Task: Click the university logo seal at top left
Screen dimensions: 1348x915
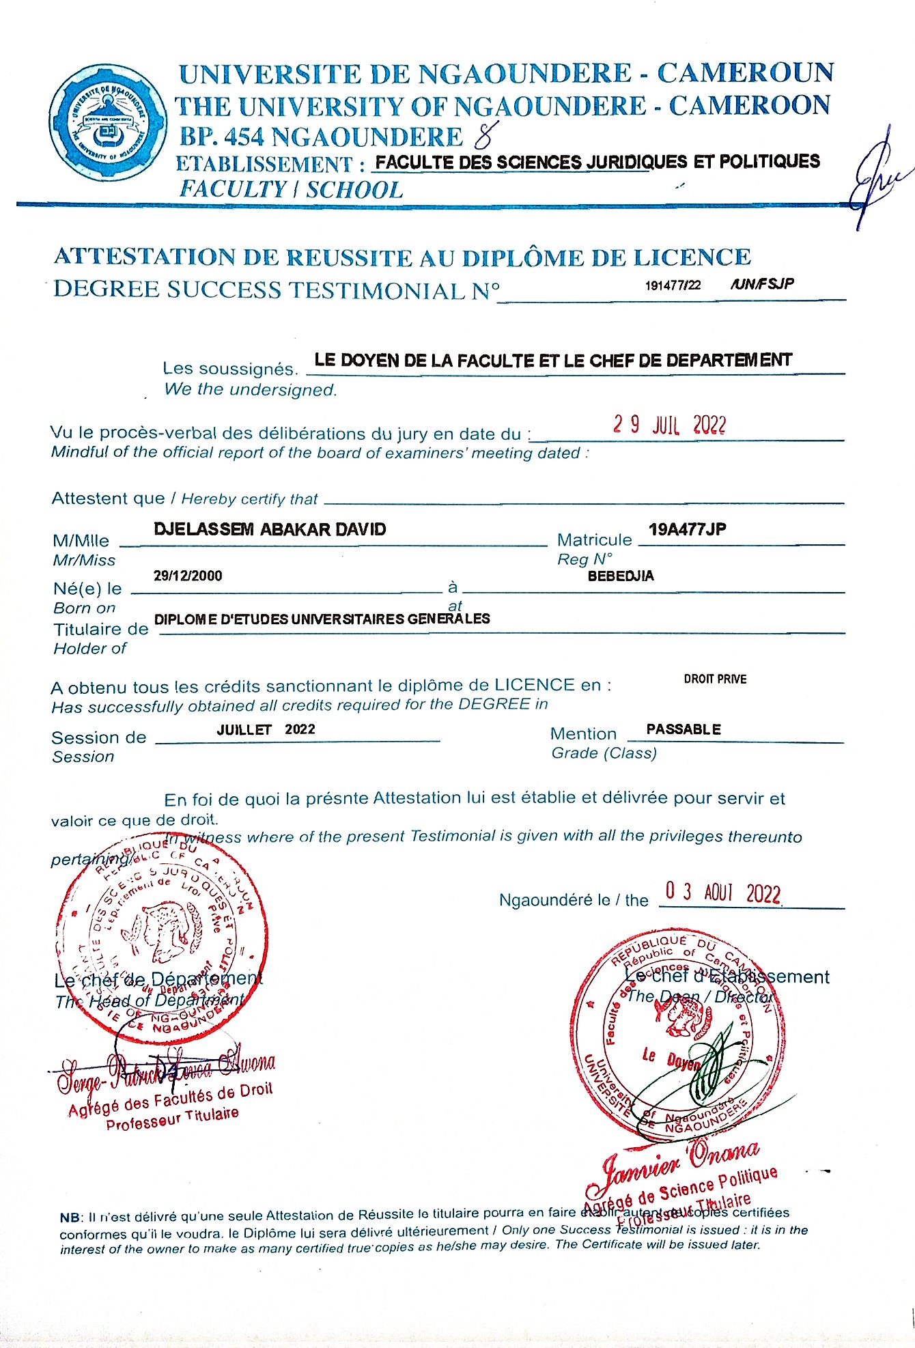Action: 108,123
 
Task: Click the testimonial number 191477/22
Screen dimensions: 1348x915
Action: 673,285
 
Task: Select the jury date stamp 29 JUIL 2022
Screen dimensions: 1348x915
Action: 669,425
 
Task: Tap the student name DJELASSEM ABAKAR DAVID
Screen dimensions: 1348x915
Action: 270,529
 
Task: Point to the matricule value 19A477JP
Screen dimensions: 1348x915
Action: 687,529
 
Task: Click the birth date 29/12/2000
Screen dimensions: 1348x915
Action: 188,576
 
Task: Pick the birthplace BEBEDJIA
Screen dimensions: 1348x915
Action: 621,576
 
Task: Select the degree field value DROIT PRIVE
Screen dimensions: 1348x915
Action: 715,679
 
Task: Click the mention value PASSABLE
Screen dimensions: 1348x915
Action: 684,729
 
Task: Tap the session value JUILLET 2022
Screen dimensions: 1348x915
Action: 266,729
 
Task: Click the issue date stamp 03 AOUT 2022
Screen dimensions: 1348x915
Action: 722,892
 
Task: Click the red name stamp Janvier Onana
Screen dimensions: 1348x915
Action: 680,1162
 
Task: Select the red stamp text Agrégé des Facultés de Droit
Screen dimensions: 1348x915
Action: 171,1099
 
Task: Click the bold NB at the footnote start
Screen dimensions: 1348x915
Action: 70,1218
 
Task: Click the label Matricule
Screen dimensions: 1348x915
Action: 594,540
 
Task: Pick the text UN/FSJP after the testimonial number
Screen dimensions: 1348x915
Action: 762,284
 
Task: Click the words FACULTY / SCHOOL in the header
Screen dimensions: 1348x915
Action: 291,190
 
